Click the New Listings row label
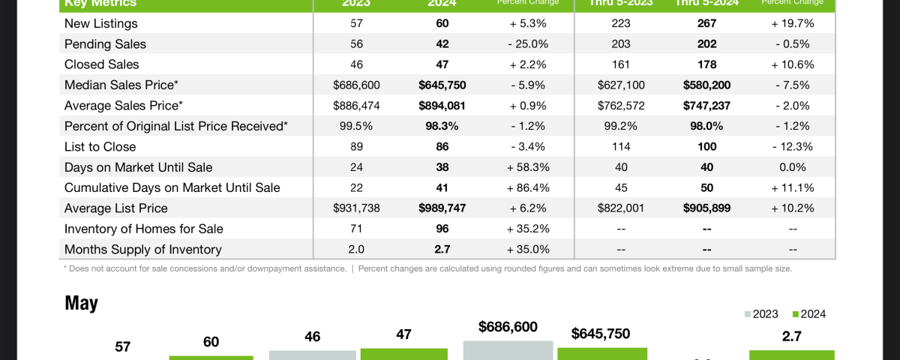point(101,23)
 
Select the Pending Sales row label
point(105,44)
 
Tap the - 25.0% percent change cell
point(523,44)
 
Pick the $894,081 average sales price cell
point(442,106)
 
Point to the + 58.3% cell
point(523,167)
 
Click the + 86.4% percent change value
point(523,187)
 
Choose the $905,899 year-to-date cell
point(706,208)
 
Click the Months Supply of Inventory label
point(142,249)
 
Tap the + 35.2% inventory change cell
point(523,229)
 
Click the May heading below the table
point(81,303)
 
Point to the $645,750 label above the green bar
point(600,334)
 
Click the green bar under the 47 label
point(403,353)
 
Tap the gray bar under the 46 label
point(312,354)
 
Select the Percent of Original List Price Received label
point(176,126)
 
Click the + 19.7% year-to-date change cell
point(793,23)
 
